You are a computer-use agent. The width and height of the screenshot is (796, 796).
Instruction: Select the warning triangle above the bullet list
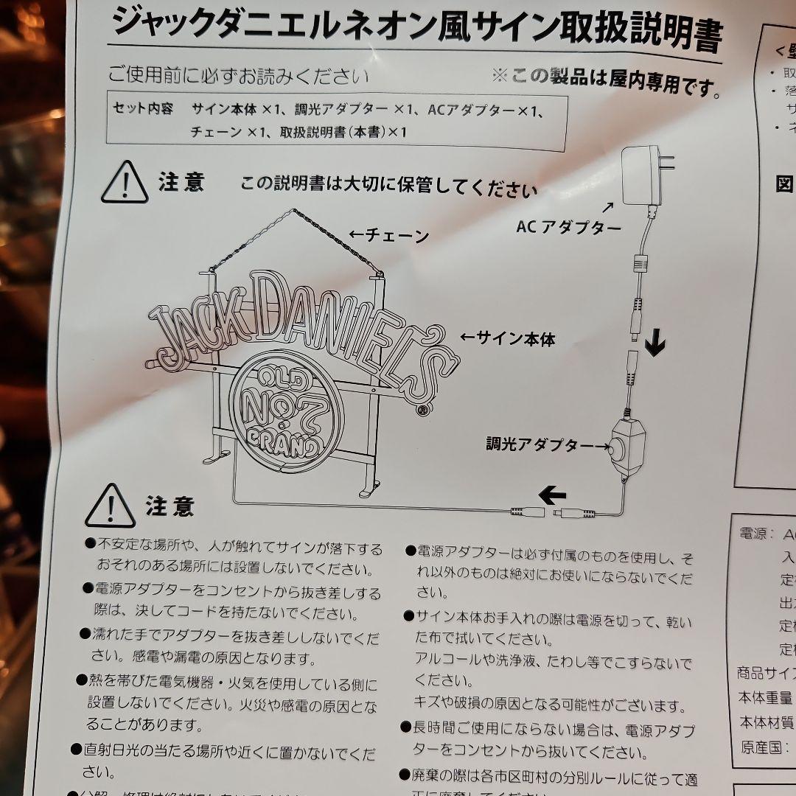click(110, 506)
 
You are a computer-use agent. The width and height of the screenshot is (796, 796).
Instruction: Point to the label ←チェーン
click(388, 236)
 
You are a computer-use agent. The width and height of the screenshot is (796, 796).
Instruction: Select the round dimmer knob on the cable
click(615, 446)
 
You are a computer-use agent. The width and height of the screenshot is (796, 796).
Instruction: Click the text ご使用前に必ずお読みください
click(238, 76)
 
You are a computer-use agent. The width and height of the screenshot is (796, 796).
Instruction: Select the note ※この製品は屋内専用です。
click(606, 82)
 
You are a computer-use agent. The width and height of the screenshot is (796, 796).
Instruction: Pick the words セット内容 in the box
click(143, 109)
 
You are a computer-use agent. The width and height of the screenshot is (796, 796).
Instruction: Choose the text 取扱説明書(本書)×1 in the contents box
click(343, 132)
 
